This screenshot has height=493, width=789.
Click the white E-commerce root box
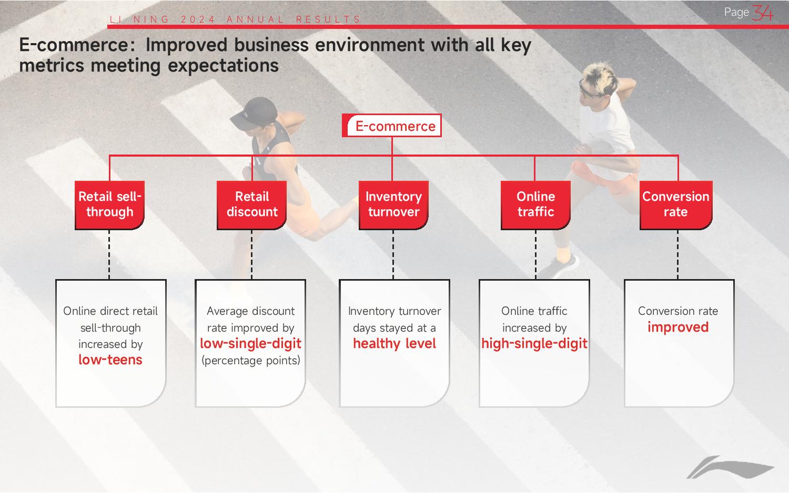click(392, 126)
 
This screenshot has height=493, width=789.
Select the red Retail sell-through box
click(109, 205)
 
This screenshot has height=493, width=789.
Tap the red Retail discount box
click(251, 205)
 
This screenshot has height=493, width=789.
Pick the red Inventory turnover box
click(393, 205)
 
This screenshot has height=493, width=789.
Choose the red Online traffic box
click(535, 205)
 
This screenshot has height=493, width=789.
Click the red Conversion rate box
click(676, 205)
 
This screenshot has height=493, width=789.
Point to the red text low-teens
click(110, 360)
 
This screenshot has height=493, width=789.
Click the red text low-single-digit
click(250, 343)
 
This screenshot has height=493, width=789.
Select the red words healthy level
click(394, 343)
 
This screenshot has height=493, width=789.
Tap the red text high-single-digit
click(534, 343)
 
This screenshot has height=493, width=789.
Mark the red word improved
click(678, 327)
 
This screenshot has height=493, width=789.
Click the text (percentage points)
click(251, 361)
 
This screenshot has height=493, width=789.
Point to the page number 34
click(762, 13)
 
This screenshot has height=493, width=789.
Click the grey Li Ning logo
click(730, 467)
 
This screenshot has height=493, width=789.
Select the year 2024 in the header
click(198, 19)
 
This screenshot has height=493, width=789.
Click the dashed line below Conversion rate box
click(677, 255)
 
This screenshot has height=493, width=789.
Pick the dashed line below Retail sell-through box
click(109, 255)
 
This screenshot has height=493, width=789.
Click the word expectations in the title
click(224, 66)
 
